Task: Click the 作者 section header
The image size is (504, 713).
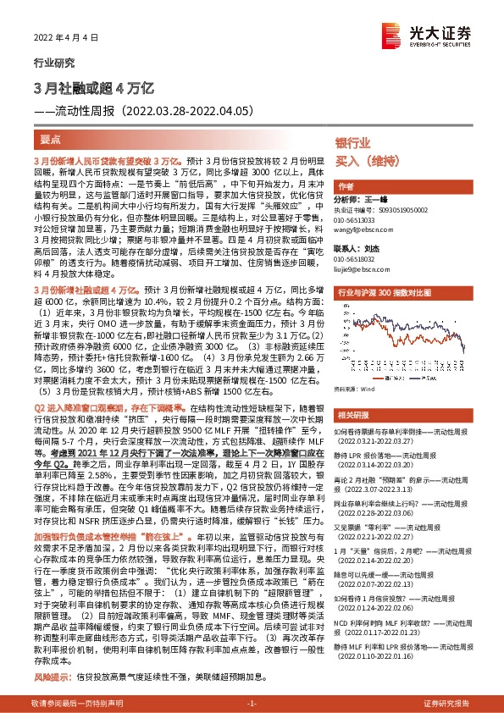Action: coord(345,185)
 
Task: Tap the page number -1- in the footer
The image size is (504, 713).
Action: coord(252,704)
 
